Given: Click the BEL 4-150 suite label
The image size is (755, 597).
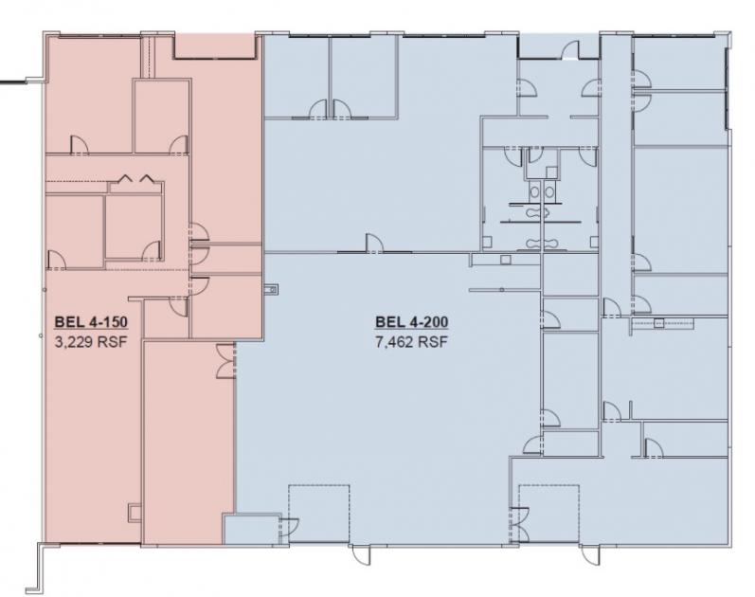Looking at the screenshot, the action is [x=91, y=322].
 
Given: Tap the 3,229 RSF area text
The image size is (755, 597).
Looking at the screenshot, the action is [x=91, y=343].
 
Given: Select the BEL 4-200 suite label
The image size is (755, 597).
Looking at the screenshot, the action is [x=412, y=322].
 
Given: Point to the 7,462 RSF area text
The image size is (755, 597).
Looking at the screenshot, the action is [x=412, y=343].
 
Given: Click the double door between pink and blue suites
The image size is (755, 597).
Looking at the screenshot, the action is [x=225, y=361].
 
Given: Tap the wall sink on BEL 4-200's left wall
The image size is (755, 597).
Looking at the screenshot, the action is [x=271, y=289].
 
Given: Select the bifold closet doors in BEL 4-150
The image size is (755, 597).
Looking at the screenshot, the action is [x=136, y=178].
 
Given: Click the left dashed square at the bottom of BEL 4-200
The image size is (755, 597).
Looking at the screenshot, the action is [x=318, y=515].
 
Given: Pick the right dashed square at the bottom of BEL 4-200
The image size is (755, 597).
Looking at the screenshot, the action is [x=548, y=515].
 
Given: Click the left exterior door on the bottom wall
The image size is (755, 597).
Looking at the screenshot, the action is [x=361, y=554].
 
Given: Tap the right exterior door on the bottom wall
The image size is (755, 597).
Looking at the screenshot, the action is [x=590, y=554].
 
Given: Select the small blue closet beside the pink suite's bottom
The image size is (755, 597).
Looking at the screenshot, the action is [x=251, y=529].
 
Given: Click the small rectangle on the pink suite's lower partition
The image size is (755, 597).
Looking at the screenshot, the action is [x=135, y=513].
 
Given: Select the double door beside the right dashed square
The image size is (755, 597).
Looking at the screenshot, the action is [x=519, y=525].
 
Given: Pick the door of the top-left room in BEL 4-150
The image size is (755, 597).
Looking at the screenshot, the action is [x=80, y=145].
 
